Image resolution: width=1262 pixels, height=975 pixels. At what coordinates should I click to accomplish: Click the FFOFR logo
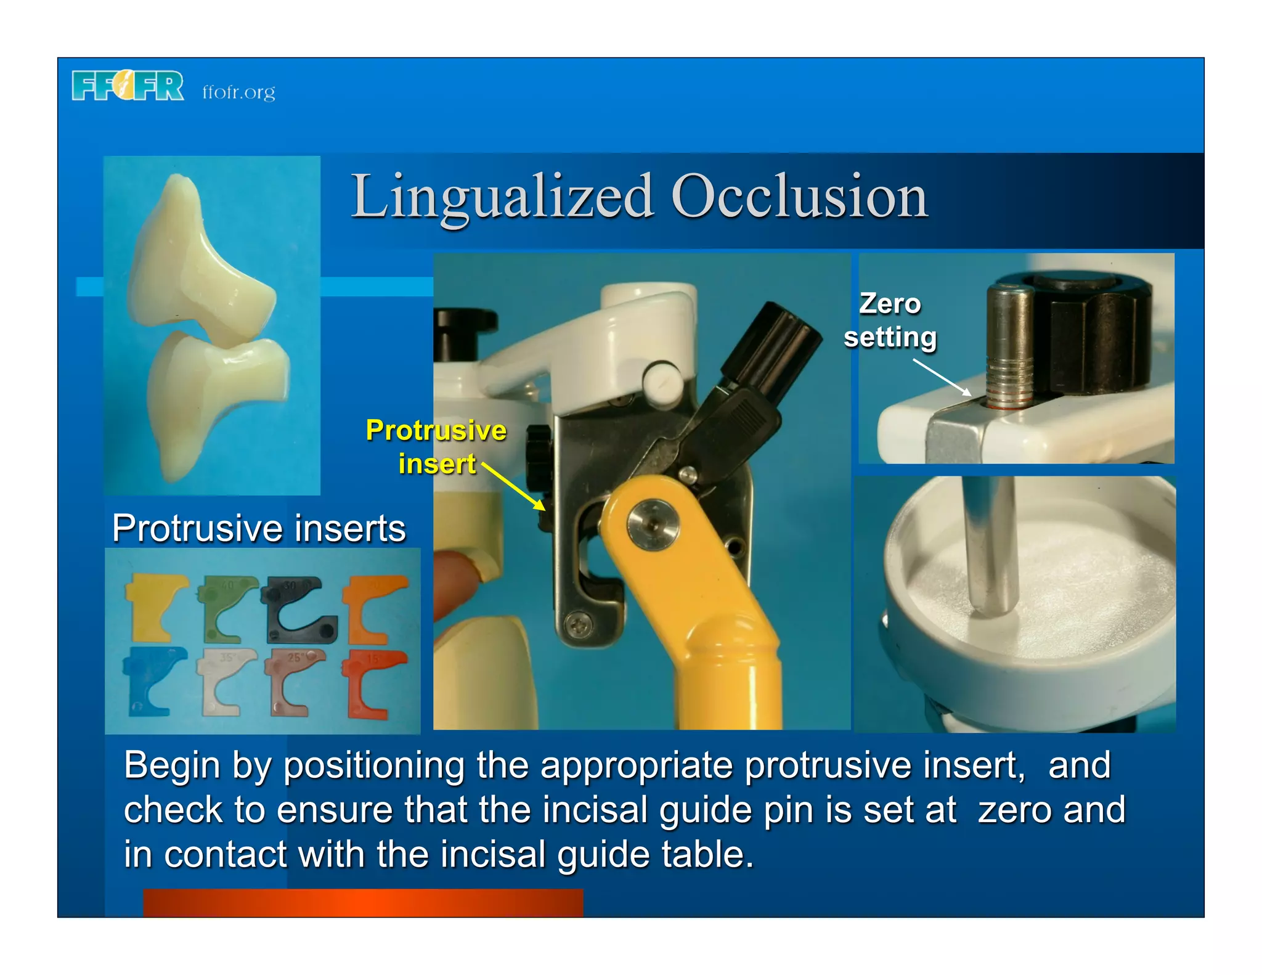coord(128,86)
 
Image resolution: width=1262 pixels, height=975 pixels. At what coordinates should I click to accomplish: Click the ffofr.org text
coord(238,92)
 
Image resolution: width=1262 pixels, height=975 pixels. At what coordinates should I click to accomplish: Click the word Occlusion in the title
coord(799,197)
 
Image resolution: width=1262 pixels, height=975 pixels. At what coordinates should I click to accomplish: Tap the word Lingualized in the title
coord(502,197)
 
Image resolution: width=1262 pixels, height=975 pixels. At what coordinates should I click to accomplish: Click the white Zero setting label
coord(890,320)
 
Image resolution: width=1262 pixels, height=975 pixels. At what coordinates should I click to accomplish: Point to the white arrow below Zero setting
coord(941,377)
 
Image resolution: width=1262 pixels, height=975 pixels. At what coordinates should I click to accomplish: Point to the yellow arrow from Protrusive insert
coord(513,486)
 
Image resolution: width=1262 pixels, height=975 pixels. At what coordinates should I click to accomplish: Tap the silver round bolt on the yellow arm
coord(653,524)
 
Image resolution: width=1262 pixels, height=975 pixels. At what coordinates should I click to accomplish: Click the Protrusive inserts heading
coord(259,528)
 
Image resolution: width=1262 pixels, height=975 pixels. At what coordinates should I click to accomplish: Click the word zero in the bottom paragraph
coord(1014,810)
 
